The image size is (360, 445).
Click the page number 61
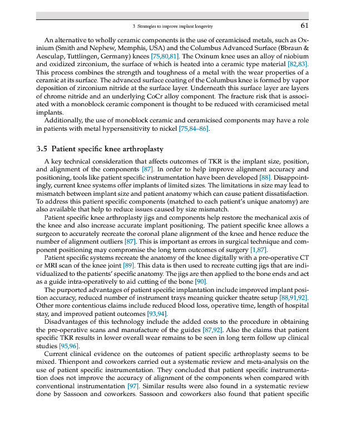click(304, 26)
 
